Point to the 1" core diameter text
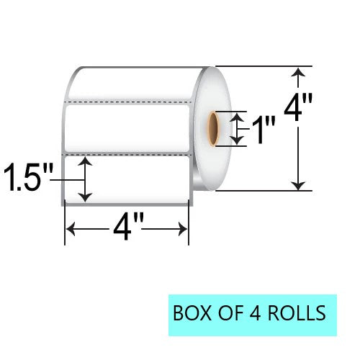[264, 131]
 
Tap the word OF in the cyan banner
[227, 315]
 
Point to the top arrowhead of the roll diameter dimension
[298, 71]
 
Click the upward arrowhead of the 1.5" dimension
[86, 162]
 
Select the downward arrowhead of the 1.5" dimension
[86, 197]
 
